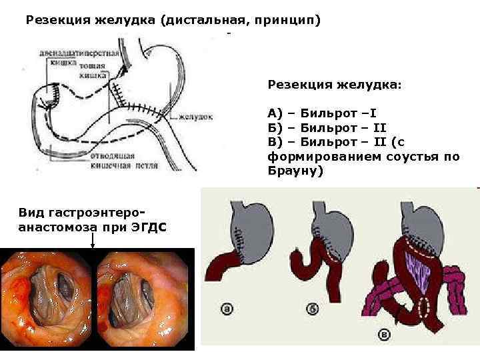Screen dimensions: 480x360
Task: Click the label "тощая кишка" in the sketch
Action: pyautogui.click(x=93, y=71)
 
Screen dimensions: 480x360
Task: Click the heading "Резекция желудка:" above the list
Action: pyautogui.click(x=335, y=85)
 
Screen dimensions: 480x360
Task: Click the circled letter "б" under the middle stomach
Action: pyautogui.click(x=313, y=309)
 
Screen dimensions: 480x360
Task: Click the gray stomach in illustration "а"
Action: pyautogui.click(x=251, y=227)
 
